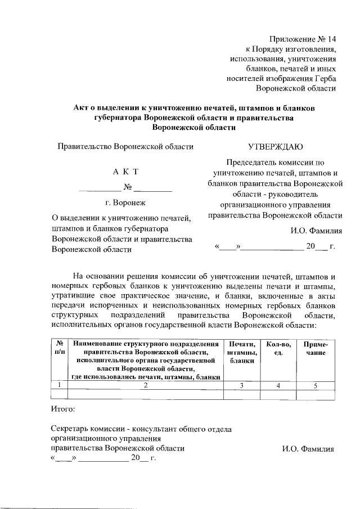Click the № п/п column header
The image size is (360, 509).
(58, 347)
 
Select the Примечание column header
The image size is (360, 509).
(316, 348)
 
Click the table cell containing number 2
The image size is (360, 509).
(145, 385)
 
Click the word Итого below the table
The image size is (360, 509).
(62, 408)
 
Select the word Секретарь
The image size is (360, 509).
(71, 429)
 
